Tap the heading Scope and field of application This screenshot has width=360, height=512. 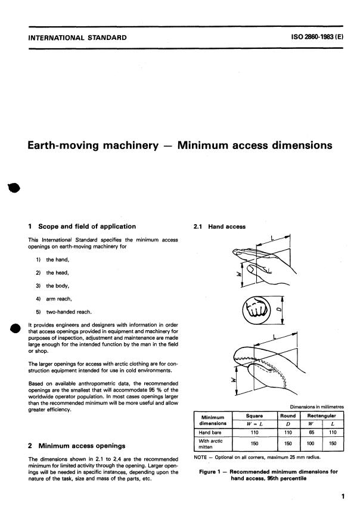tap(86, 226)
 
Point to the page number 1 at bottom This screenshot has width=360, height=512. tap(342, 494)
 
